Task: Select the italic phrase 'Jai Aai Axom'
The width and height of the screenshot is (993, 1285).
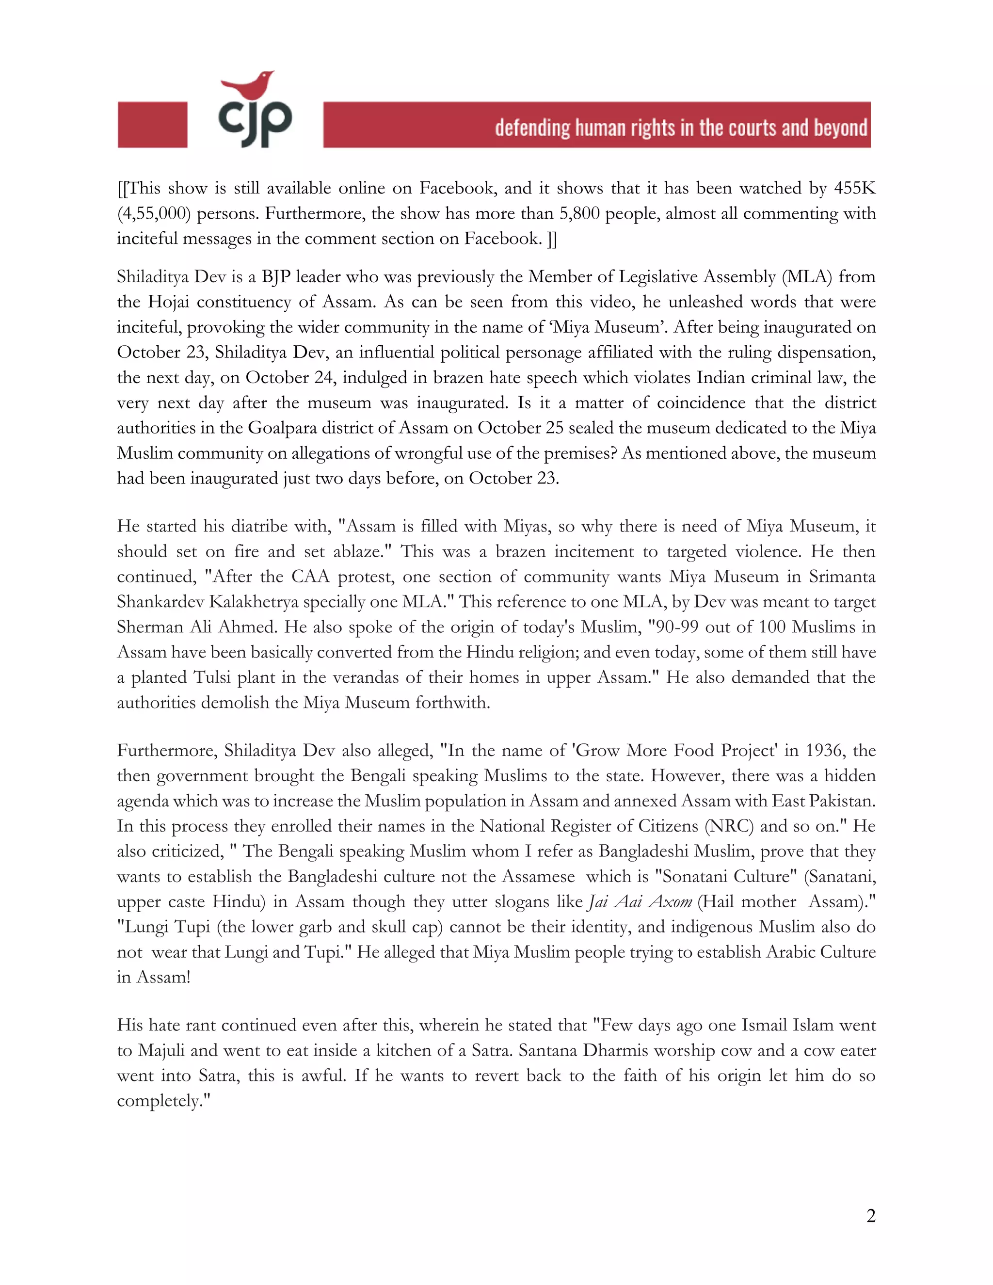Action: coord(640,902)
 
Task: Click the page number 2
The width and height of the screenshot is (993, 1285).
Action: coord(871,1216)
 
